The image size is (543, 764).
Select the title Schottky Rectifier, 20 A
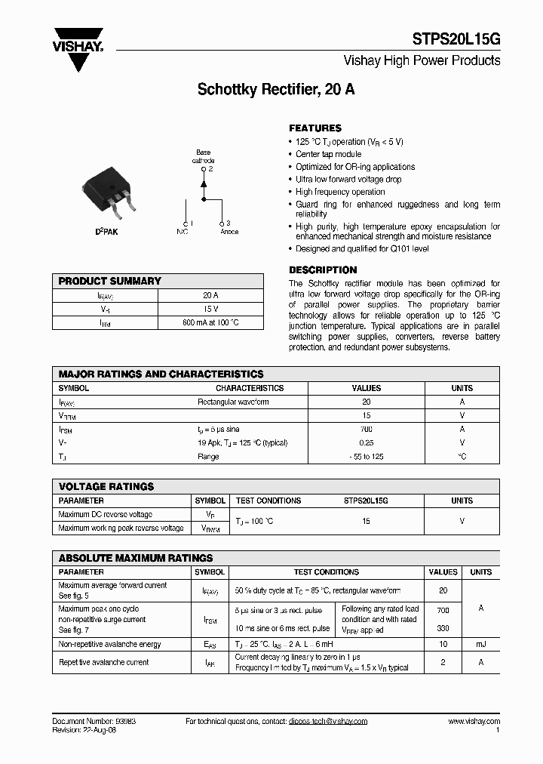[x=276, y=89]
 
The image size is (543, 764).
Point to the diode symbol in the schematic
[x=203, y=183]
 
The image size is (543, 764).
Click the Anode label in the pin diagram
[x=229, y=232]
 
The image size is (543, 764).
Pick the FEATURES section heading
[x=315, y=128]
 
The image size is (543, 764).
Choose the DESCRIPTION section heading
[x=323, y=270]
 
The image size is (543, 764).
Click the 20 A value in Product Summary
[x=211, y=295]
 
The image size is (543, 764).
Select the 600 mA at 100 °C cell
[x=211, y=322]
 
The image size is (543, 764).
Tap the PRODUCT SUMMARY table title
[x=110, y=281]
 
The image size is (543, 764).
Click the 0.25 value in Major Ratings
[x=367, y=442]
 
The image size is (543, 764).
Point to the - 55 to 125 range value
[x=367, y=456]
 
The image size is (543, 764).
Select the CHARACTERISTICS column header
[x=250, y=388]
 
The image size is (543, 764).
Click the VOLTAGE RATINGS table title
[x=106, y=487]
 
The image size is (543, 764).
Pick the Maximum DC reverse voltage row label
[x=105, y=514]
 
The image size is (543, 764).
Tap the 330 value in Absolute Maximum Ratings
[x=443, y=628]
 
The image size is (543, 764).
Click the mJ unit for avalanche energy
[x=480, y=644]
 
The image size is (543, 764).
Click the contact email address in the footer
[x=327, y=721]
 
